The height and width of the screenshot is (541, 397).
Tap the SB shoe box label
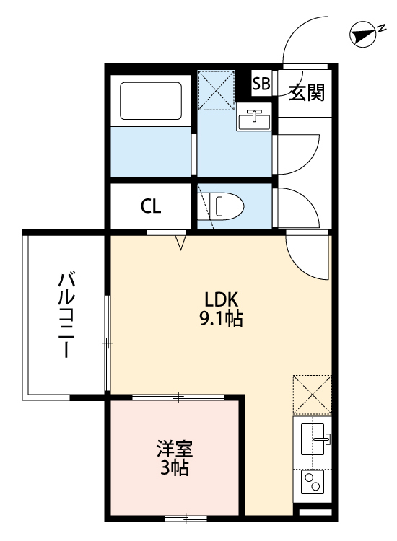click(261, 83)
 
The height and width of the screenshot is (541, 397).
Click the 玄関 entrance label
click(307, 92)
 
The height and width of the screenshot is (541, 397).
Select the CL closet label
click(151, 206)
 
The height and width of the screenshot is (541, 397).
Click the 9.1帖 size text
click(220, 317)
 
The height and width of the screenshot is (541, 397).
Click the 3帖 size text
click(174, 468)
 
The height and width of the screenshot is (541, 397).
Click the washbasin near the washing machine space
click(255, 120)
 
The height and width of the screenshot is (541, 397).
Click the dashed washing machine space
click(217, 88)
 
